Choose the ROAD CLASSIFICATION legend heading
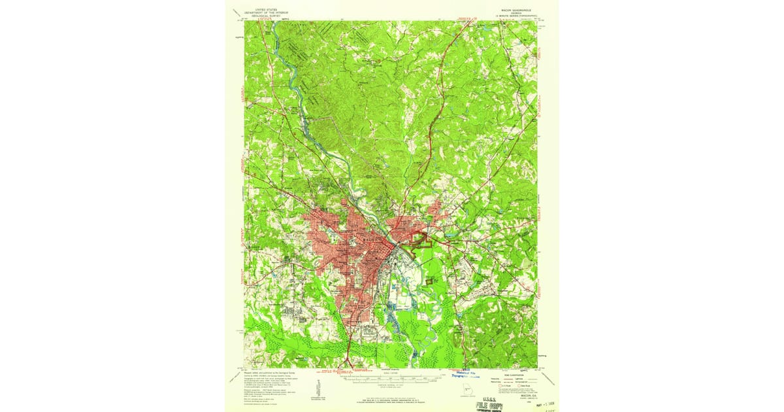coord(510,373)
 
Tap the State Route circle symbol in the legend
coord(520,386)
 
